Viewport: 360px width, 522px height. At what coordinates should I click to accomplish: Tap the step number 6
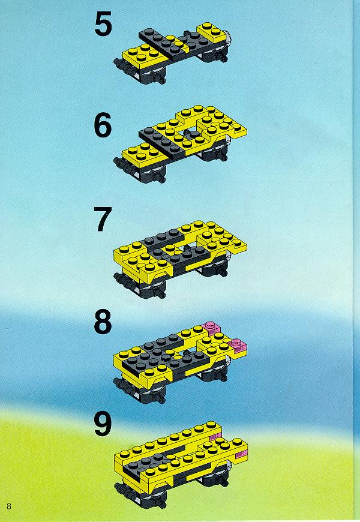[103, 127]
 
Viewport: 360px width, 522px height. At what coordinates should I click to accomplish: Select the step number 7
[103, 219]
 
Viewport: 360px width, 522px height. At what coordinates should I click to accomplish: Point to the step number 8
[103, 322]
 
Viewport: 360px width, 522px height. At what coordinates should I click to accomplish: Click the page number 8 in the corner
[9, 506]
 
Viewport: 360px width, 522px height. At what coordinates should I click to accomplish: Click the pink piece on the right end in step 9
[241, 454]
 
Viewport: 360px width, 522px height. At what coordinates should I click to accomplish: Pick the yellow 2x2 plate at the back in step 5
[211, 30]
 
